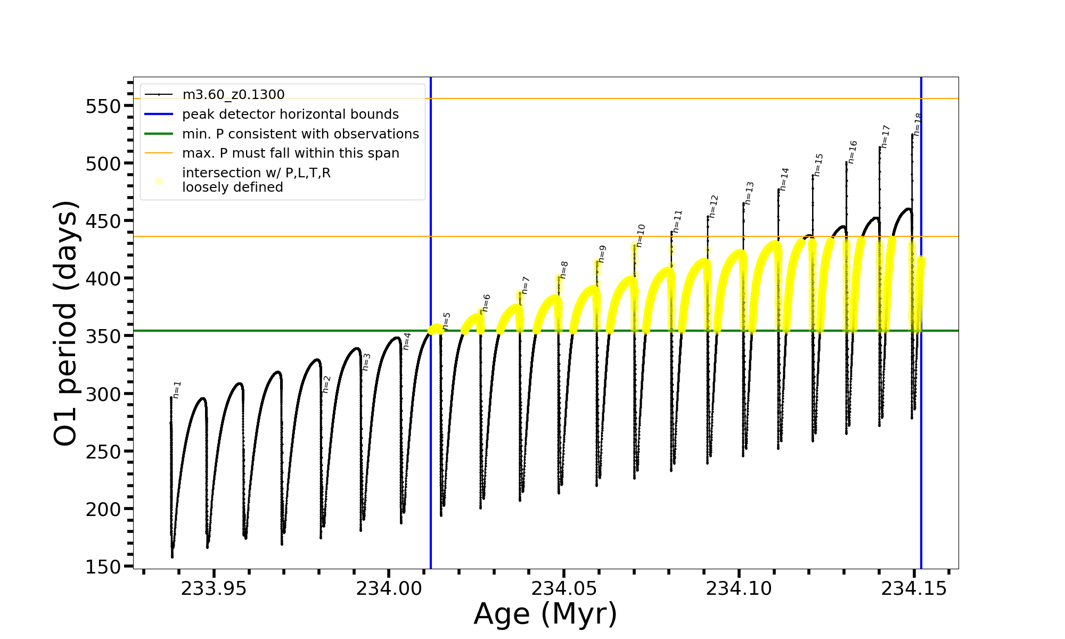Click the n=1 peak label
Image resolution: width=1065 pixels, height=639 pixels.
coord(177,390)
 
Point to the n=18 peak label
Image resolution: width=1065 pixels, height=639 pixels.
coord(917,124)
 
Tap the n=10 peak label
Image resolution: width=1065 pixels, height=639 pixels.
coord(641,235)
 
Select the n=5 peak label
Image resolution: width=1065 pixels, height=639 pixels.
coord(446,321)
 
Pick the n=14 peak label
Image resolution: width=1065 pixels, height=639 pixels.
coord(784,179)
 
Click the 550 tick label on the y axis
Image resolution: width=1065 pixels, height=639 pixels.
coord(103,106)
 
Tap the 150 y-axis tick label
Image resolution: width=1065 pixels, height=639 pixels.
coord(103,567)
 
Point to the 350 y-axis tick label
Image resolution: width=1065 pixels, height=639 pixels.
coord(103,337)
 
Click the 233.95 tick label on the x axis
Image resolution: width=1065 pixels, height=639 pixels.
coord(214,588)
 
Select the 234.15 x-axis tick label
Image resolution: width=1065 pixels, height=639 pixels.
coord(914,588)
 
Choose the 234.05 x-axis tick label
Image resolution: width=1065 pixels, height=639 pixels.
coord(564,588)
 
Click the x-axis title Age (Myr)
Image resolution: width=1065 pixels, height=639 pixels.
coord(545,614)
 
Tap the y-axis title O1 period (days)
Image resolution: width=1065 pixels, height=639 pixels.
coord(66,323)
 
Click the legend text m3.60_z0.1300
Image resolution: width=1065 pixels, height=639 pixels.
coord(233,95)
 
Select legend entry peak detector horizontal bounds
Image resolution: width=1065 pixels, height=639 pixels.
coord(290,114)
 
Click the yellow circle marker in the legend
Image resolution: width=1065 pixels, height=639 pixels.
coord(159,181)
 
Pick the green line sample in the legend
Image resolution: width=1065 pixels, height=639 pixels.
coord(159,134)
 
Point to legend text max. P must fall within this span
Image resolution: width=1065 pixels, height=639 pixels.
coord(290,153)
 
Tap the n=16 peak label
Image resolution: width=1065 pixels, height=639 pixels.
coord(853,152)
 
